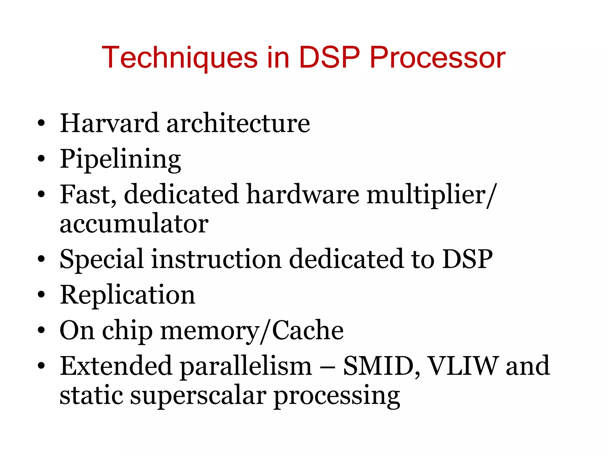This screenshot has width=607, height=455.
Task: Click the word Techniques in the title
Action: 180,57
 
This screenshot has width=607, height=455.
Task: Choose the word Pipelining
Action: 120,159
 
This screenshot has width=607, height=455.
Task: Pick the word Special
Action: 102,259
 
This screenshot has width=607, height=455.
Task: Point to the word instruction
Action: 217,259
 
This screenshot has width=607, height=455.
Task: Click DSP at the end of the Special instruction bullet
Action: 467,259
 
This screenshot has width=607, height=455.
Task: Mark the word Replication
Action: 127,295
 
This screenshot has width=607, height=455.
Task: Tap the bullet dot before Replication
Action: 41,295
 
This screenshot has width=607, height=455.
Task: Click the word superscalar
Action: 198,396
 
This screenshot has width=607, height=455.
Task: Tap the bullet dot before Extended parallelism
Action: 41,366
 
